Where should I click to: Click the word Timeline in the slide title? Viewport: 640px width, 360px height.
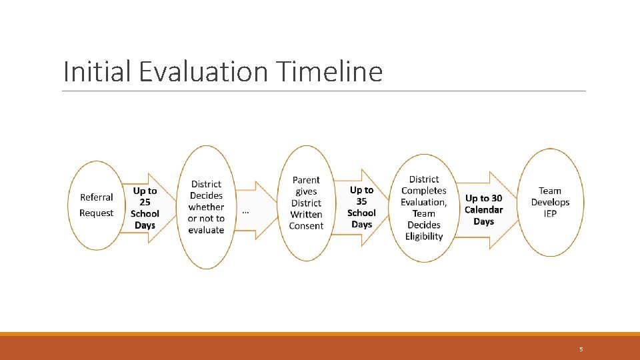pos(329,71)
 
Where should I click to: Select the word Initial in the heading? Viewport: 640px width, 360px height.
pos(97,71)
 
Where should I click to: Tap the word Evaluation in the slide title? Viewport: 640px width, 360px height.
pos(203,71)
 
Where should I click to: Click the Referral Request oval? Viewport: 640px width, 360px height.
pos(96,205)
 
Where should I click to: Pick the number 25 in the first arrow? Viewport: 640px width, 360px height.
pos(145,202)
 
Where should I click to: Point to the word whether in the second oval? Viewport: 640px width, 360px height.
pos(206,207)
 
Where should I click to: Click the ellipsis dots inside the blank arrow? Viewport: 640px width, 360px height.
pos(245,212)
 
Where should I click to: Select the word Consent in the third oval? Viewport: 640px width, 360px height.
pos(306,226)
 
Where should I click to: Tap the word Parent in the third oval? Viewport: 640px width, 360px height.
pos(306,180)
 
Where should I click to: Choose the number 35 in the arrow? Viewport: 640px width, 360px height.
pos(361,201)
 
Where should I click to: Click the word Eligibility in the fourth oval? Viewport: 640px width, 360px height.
pos(424,236)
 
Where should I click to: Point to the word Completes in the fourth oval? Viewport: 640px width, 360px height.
pos(424,191)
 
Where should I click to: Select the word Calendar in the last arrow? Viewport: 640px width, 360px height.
pos(484,210)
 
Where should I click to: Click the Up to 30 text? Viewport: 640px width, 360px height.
pos(484,199)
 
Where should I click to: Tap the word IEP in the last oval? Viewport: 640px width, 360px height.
pos(550,213)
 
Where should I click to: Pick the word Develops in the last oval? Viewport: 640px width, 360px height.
pos(550,202)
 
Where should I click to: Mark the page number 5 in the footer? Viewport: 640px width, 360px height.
pos(581,349)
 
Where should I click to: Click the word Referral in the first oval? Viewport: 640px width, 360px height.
pos(96,197)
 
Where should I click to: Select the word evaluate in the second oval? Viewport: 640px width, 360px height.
pos(206,230)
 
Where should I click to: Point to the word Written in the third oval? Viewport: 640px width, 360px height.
pos(306,214)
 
